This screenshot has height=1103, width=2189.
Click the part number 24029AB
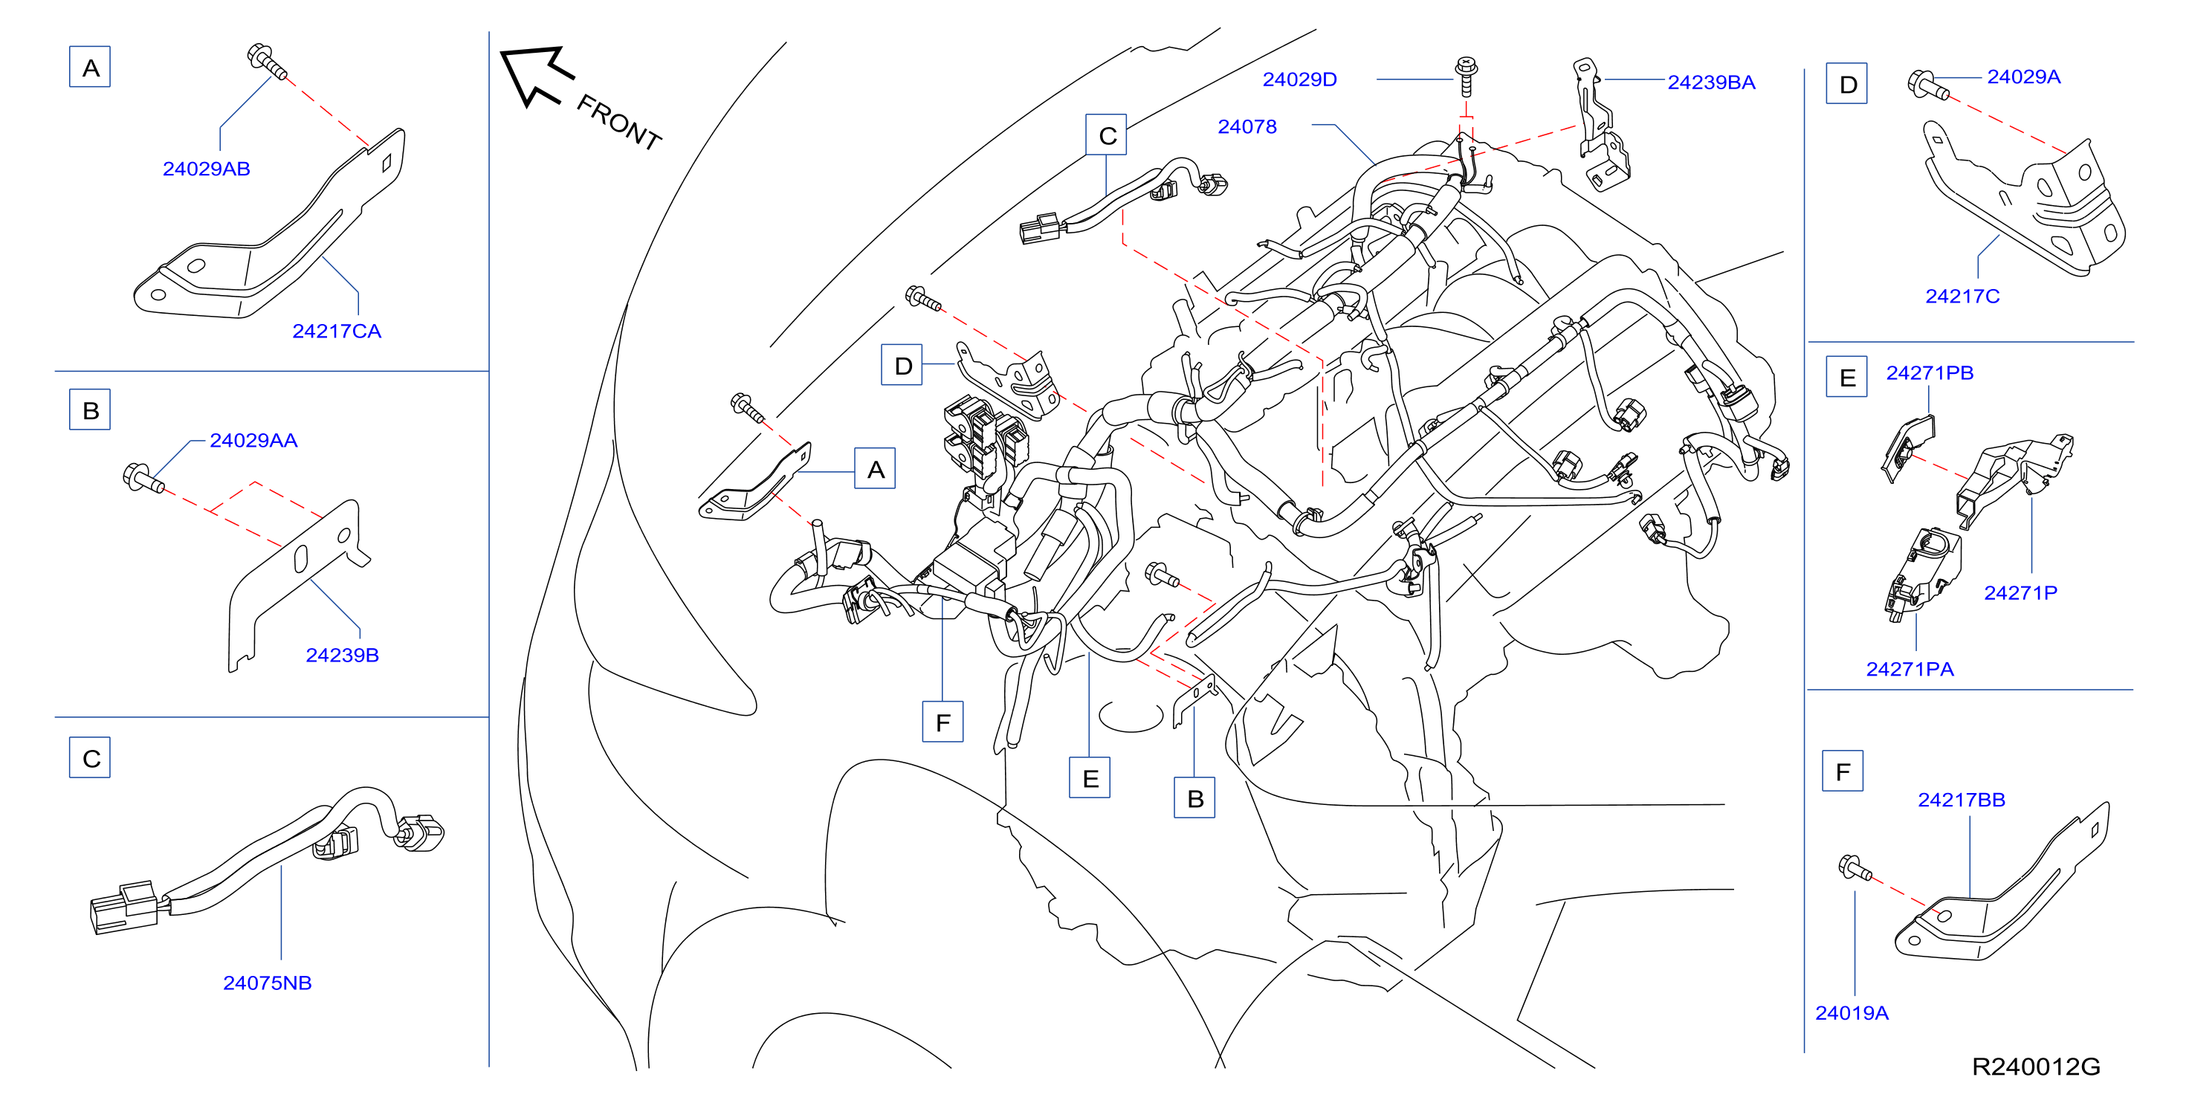[207, 169]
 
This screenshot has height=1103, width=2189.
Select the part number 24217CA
[337, 331]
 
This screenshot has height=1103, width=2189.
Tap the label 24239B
[343, 655]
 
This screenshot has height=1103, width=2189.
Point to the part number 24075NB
[268, 983]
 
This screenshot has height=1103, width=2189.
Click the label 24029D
[1299, 80]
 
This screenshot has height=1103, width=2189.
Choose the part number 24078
[1247, 126]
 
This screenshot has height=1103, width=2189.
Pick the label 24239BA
[1710, 83]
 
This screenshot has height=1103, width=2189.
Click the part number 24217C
[1962, 297]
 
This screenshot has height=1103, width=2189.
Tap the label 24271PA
[1910, 670]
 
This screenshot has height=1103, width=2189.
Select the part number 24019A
[1852, 1013]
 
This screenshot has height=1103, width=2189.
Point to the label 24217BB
[1962, 800]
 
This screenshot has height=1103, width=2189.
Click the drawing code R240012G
[2035, 1067]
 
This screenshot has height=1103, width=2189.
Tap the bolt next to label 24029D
[1466, 77]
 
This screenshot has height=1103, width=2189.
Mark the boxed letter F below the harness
[943, 722]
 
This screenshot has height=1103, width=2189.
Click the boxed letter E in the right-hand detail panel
[1846, 378]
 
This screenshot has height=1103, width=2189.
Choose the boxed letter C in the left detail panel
[90, 758]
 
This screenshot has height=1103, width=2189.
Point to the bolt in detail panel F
[1855, 867]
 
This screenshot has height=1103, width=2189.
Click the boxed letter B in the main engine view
[1194, 798]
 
